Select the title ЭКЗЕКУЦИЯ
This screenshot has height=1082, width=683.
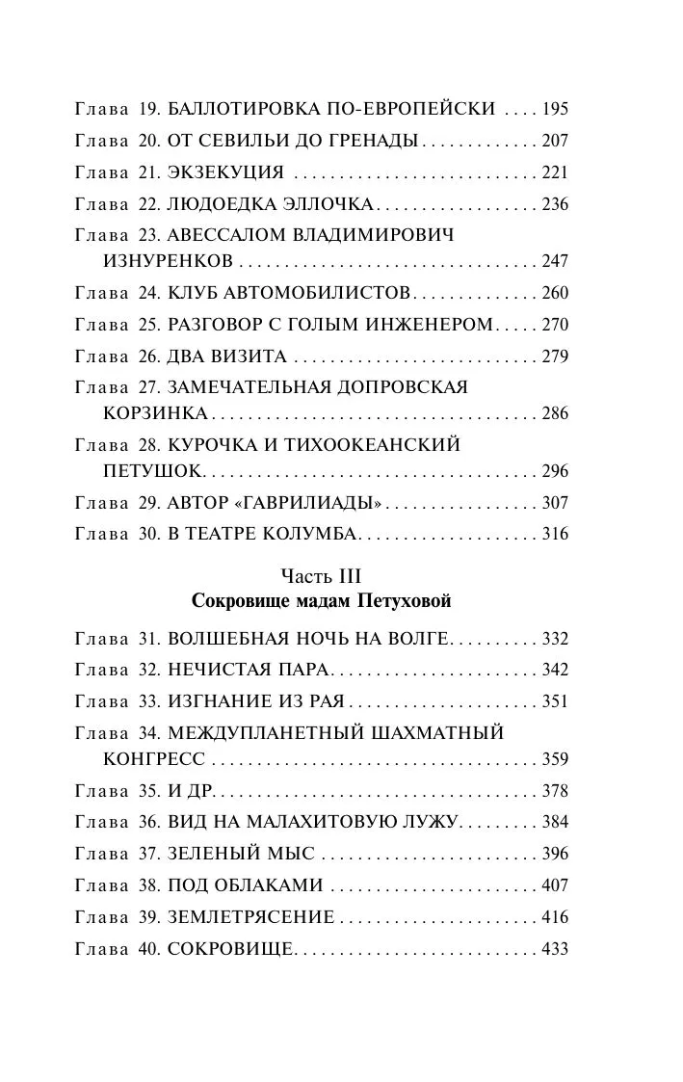click(225, 172)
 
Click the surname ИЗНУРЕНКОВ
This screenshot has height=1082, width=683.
click(168, 261)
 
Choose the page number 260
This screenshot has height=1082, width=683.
click(555, 293)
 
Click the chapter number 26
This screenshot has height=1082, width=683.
click(148, 356)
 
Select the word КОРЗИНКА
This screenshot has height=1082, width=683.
click(155, 413)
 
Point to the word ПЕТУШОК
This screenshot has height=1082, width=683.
click(153, 471)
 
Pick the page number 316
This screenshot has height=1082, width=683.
click(555, 534)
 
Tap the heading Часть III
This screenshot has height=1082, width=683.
click(321, 576)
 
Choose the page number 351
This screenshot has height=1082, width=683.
click(555, 701)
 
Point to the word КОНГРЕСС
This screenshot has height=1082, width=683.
click(153, 759)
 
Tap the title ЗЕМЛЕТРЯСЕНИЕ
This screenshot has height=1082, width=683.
click(250, 917)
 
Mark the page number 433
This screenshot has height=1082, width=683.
click(555, 949)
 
